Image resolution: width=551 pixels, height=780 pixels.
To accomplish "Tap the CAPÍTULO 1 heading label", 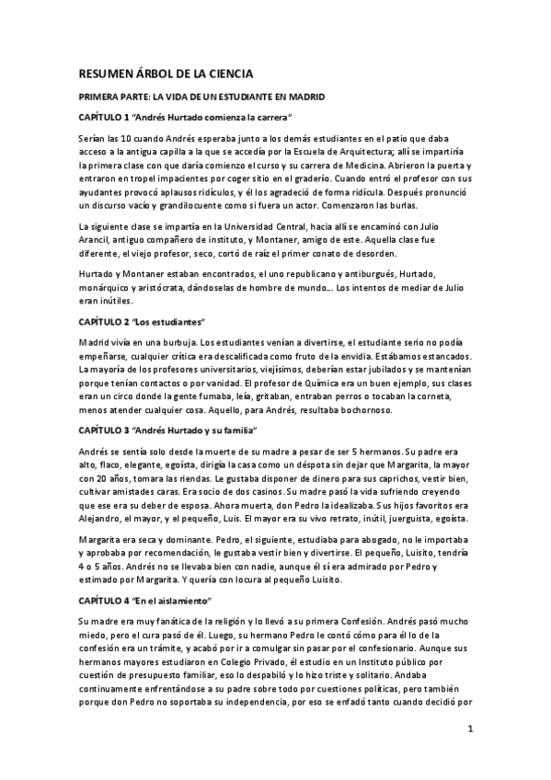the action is pyautogui.click(x=104, y=118).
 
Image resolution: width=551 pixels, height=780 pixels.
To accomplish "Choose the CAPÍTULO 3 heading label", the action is pyautogui.click(x=104, y=430).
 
